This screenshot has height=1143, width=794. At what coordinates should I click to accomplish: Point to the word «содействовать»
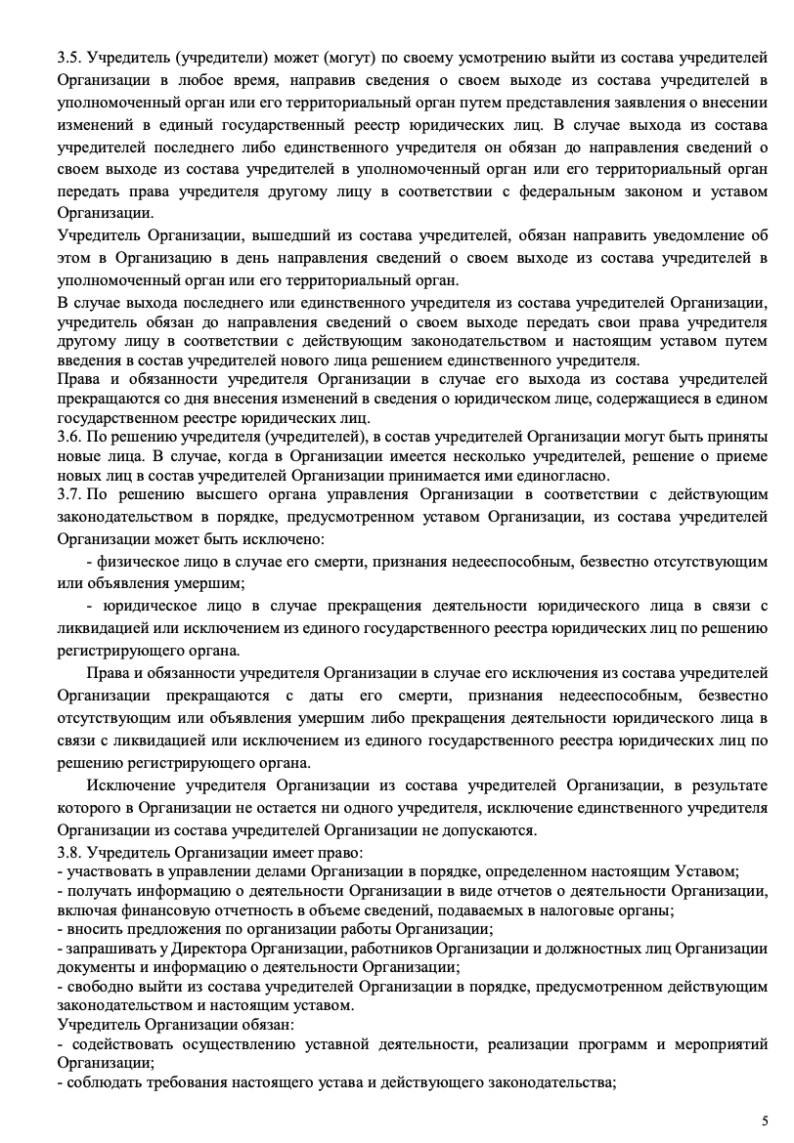(x=114, y=1044)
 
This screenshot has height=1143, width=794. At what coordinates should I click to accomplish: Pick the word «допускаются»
(x=483, y=830)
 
